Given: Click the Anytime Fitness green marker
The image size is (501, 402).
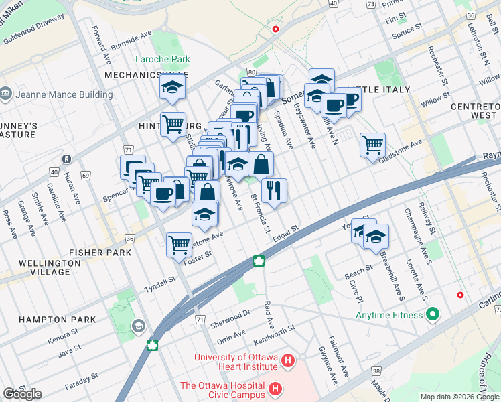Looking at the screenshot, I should pos(432,313).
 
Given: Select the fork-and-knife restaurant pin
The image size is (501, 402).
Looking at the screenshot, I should pos(274,190).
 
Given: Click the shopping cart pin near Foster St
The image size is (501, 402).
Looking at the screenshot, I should pos(180,245).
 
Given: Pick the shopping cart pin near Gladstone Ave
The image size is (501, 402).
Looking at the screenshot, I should pos(372,145).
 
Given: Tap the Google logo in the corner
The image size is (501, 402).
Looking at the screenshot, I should pos(23,394).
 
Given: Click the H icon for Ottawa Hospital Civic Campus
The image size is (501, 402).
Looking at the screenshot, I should pos(275,389).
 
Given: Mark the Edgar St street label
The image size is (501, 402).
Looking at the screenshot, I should pos(285,230).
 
